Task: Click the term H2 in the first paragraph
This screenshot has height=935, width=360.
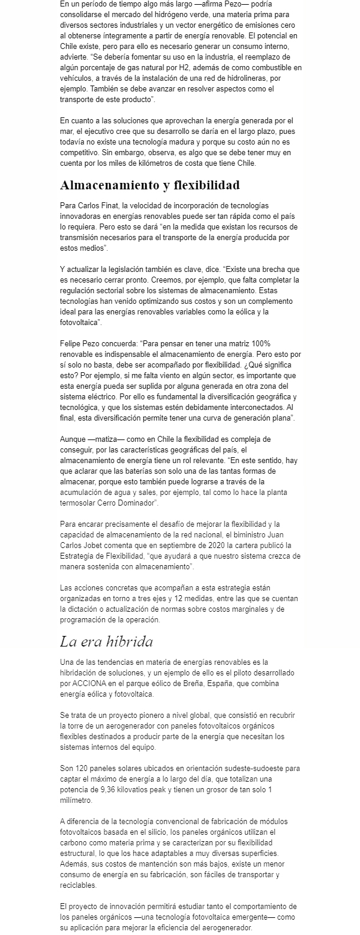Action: coord(185,68)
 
